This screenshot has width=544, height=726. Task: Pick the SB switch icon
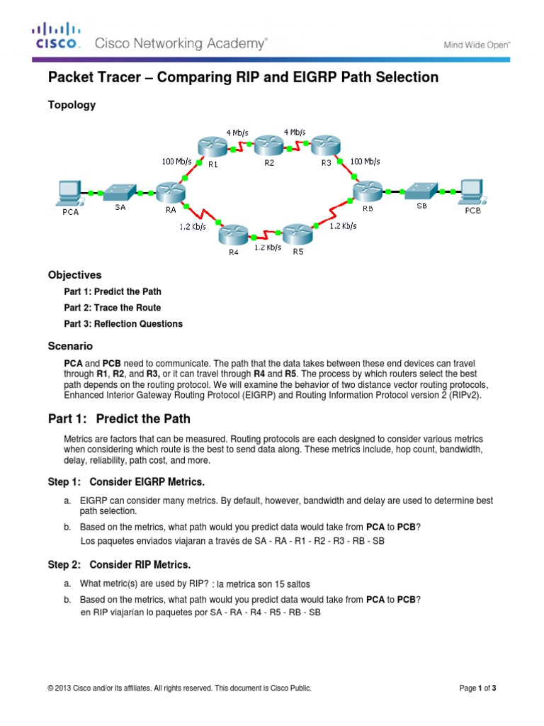pyautogui.click(x=421, y=190)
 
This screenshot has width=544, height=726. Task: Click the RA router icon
pyautogui.click(x=170, y=191)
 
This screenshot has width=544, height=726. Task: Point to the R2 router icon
pyautogui.click(x=268, y=147)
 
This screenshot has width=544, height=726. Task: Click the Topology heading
pyautogui.click(x=72, y=105)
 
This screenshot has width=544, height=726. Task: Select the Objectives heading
pyautogui.click(x=74, y=274)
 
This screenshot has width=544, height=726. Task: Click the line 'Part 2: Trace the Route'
pyautogui.click(x=113, y=308)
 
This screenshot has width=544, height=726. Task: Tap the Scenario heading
pyautogui.click(x=70, y=346)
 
